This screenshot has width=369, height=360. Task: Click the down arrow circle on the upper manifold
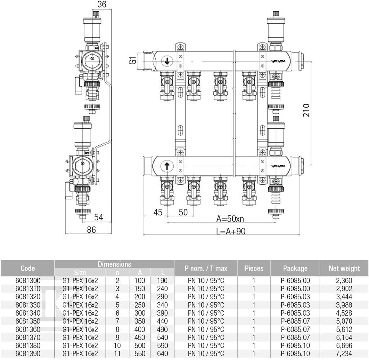(x=167, y=61)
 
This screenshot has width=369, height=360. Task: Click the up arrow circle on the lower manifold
(x=167, y=166)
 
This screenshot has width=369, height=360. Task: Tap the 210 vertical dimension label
(x=306, y=110)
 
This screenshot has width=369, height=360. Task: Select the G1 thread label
(x=133, y=60)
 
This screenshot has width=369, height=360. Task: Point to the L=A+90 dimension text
(x=231, y=231)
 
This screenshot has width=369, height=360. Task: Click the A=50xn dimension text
(x=230, y=219)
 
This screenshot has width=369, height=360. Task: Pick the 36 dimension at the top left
(x=102, y=4)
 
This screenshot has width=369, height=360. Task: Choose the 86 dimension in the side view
(x=91, y=229)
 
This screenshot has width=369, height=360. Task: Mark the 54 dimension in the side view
(x=99, y=217)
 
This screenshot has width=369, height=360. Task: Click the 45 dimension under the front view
(x=158, y=212)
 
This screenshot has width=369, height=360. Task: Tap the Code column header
(x=28, y=268)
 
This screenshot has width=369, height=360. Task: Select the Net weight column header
(x=344, y=268)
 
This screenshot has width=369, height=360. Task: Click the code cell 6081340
(x=28, y=313)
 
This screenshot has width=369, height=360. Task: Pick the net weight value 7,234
(x=344, y=354)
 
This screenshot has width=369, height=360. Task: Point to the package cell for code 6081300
(x=295, y=281)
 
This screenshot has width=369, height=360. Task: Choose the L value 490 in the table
(x=163, y=329)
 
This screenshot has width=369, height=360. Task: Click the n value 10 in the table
(x=117, y=346)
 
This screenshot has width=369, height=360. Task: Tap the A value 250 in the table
(x=140, y=305)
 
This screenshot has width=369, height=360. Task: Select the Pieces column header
(x=254, y=268)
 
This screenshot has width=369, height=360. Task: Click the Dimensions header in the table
(x=114, y=264)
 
